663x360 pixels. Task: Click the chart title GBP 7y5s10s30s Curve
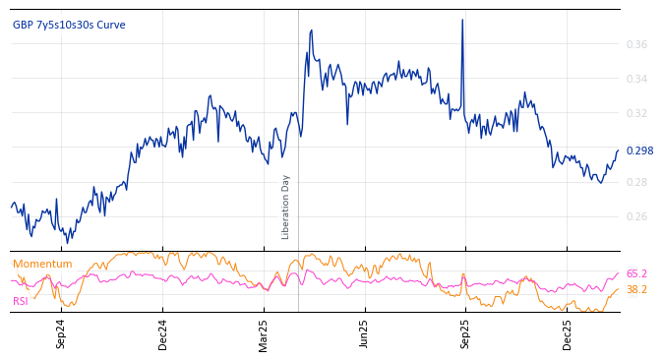pos(69,26)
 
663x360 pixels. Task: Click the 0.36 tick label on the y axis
pos(636,45)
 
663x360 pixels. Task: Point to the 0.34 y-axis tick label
pos(636,80)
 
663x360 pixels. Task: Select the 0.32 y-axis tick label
pos(636,114)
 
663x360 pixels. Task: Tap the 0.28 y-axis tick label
pos(636,183)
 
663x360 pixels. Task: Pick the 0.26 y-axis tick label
pos(636,217)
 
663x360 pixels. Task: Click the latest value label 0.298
pos(639,151)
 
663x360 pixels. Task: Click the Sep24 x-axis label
pos(61,333)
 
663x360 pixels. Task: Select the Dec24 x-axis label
pos(163,333)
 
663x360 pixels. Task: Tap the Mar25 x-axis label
pos(264,333)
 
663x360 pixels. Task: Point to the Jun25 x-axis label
pos(365,333)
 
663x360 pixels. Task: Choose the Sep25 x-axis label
pos(466,333)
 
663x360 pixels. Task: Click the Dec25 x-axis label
pos(568,333)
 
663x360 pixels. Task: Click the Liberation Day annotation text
pos(286,207)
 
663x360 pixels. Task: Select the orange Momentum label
pos(42,265)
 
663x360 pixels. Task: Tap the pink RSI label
pos(21,301)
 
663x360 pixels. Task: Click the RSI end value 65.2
pos(636,274)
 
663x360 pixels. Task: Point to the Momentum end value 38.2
pos(636,290)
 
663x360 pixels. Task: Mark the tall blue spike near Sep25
pos(462,22)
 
